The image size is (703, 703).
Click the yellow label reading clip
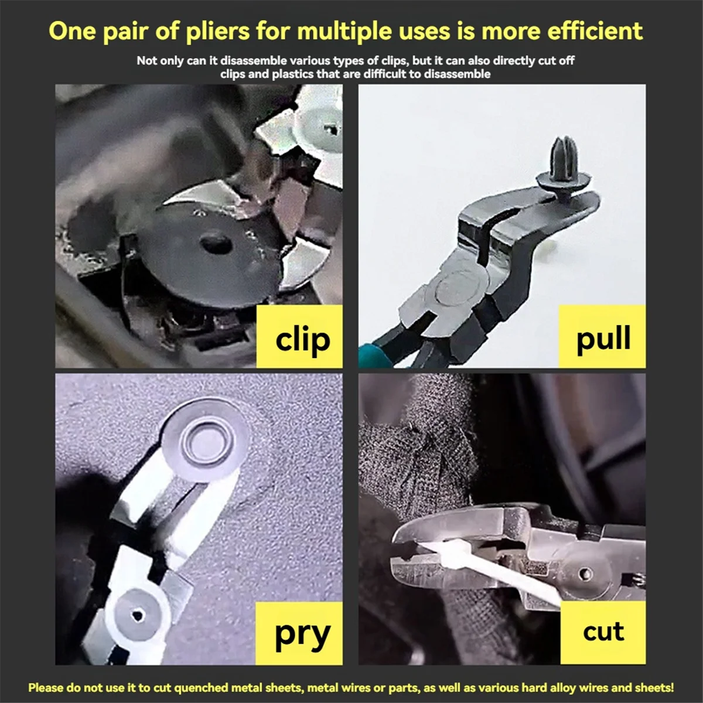point(299,336)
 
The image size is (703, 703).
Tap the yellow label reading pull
point(602,336)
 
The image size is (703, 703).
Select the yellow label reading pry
point(299,633)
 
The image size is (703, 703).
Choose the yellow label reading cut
point(603,633)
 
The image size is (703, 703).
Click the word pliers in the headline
point(217,32)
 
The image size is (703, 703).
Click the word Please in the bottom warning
point(46,687)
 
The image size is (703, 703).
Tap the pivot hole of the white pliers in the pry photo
point(137,615)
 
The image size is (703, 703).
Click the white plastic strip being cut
point(489,568)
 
